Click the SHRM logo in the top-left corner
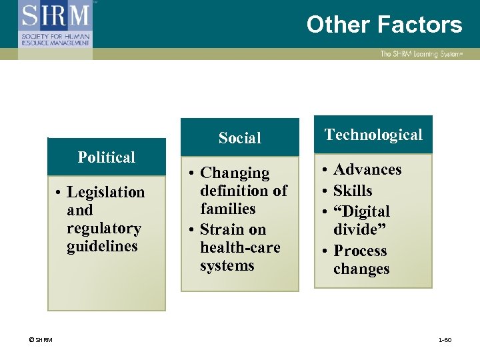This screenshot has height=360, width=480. coord(55,23)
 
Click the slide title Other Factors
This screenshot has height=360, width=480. coord(384,25)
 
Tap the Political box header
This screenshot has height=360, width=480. coord(107,157)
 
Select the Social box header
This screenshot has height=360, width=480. coord(240,138)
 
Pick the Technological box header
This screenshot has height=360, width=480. coord(373,135)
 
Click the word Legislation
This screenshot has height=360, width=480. coord(106,193)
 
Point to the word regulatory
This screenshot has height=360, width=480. coord(104,229)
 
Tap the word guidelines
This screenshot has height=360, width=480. coord(102,247)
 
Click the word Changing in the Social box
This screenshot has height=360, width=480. coord(235,173)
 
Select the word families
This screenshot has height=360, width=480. coord(228,209)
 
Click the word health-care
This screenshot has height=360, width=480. coord(240,247)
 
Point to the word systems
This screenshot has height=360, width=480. coord(227,265)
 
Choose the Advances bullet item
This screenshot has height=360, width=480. coord(367,169)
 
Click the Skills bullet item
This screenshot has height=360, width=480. coord(353,191)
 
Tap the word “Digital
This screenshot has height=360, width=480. coord(361,212)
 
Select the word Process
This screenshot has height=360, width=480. coord(360,251)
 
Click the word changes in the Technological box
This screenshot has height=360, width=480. coord(361,269)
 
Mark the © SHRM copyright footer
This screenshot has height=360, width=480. coord(41,340)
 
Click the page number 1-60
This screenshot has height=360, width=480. coord(445,340)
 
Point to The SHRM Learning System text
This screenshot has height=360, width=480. coord(420,54)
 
